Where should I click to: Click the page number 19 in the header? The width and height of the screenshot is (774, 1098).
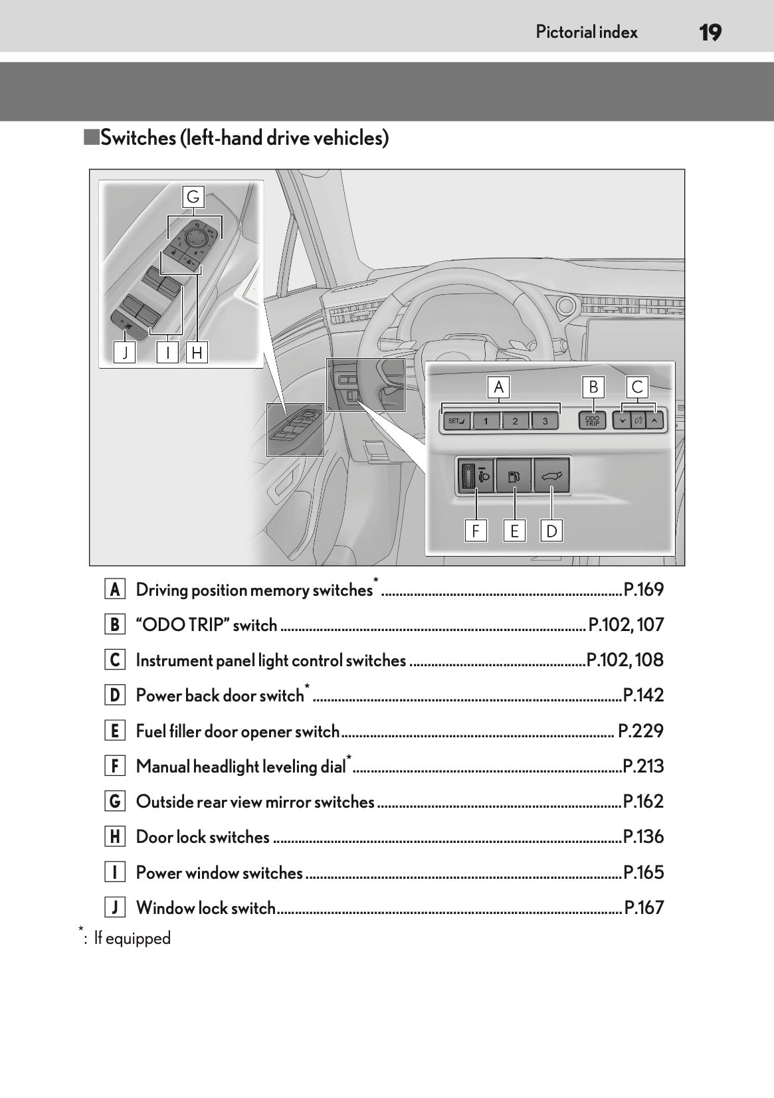710,32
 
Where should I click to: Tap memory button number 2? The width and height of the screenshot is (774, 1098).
515,421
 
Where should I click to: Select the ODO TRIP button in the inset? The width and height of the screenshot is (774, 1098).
592,421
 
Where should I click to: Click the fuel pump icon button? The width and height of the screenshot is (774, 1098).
514,475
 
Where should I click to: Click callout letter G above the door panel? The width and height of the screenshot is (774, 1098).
193,197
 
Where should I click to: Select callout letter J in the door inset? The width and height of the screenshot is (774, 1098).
124,353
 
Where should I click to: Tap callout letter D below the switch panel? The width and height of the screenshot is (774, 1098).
551,531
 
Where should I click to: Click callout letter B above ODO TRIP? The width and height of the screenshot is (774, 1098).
593,387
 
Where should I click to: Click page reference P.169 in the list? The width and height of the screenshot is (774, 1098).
643,590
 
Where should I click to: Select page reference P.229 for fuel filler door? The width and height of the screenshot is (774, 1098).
640,731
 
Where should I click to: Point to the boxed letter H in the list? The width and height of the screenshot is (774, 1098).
115,837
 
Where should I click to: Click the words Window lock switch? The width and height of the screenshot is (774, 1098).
205,908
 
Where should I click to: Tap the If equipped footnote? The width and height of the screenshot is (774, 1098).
132,939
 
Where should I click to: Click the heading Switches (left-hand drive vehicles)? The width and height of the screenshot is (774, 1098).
244,138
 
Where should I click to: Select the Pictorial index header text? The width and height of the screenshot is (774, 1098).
587,32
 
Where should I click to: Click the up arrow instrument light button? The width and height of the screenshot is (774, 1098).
654,420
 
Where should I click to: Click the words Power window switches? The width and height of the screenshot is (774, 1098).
219,873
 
